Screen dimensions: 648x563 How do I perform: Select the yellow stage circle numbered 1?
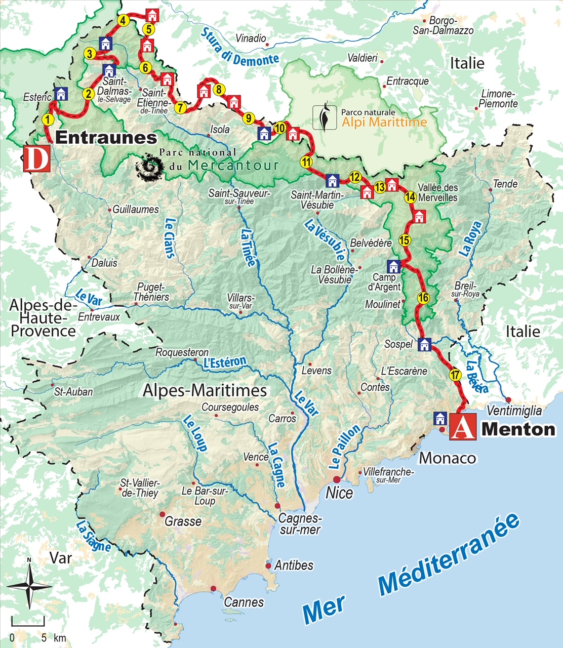(x=47, y=119)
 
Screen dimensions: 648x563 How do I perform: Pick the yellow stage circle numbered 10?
(x=280, y=128)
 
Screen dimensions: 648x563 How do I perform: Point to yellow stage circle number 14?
(x=410, y=197)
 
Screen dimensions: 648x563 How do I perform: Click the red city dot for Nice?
(x=336, y=479)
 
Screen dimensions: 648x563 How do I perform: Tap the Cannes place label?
(x=244, y=602)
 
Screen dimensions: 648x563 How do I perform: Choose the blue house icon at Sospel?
(x=424, y=344)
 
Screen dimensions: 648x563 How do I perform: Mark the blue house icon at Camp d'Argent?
(x=393, y=266)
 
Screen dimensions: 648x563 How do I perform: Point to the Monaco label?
(x=448, y=458)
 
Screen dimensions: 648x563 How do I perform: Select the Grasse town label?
(x=183, y=521)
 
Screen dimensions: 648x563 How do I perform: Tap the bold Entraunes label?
(x=106, y=137)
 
